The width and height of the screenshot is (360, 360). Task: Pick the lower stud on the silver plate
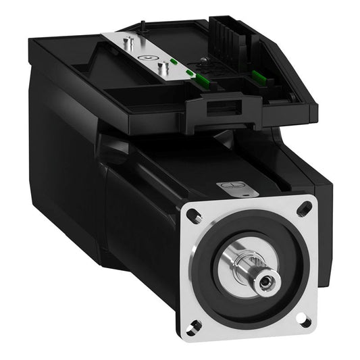click(x=162, y=68)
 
